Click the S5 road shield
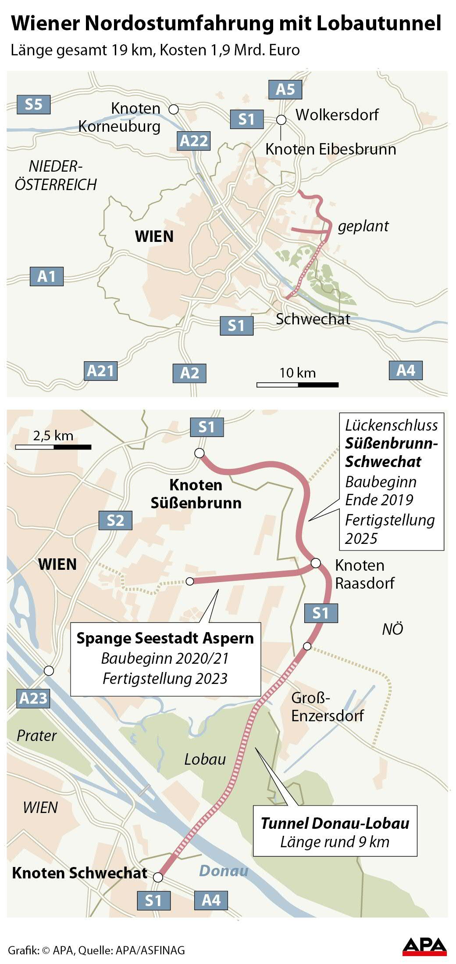pyautogui.click(x=33, y=104)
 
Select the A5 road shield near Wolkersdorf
pyautogui.click(x=285, y=90)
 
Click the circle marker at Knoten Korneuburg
pyautogui.click(x=174, y=109)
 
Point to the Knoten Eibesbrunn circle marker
pyautogui.click(x=281, y=120)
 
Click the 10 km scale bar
pyautogui.click(x=297, y=385)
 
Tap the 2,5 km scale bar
pyautogui.click(x=53, y=447)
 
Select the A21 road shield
pyautogui.click(x=100, y=371)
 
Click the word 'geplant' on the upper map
pyautogui.click(x=363, y=226)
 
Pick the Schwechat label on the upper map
pyautogui.click(x=313, y=319)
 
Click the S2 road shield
pyautogui.click(x=115, y=520)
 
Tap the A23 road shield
pyautogui.click(x=33, y=698)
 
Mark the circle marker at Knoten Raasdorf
pyautogui.click(x=315, y=563)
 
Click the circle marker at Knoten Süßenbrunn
pyautogui.click(x=199, y=453)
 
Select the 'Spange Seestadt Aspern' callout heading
pyautogui.click(x=165, y=638)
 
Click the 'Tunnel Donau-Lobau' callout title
pyautogui.click(x=335, y=823)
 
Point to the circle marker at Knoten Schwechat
pyautogui.click(x=158, y=877)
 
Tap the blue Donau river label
pyautogui.click(x=224, y=870)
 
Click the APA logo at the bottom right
pyautogui.click(x=424, y=947)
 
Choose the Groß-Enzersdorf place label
pyautogui.click(x=327, y=707)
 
